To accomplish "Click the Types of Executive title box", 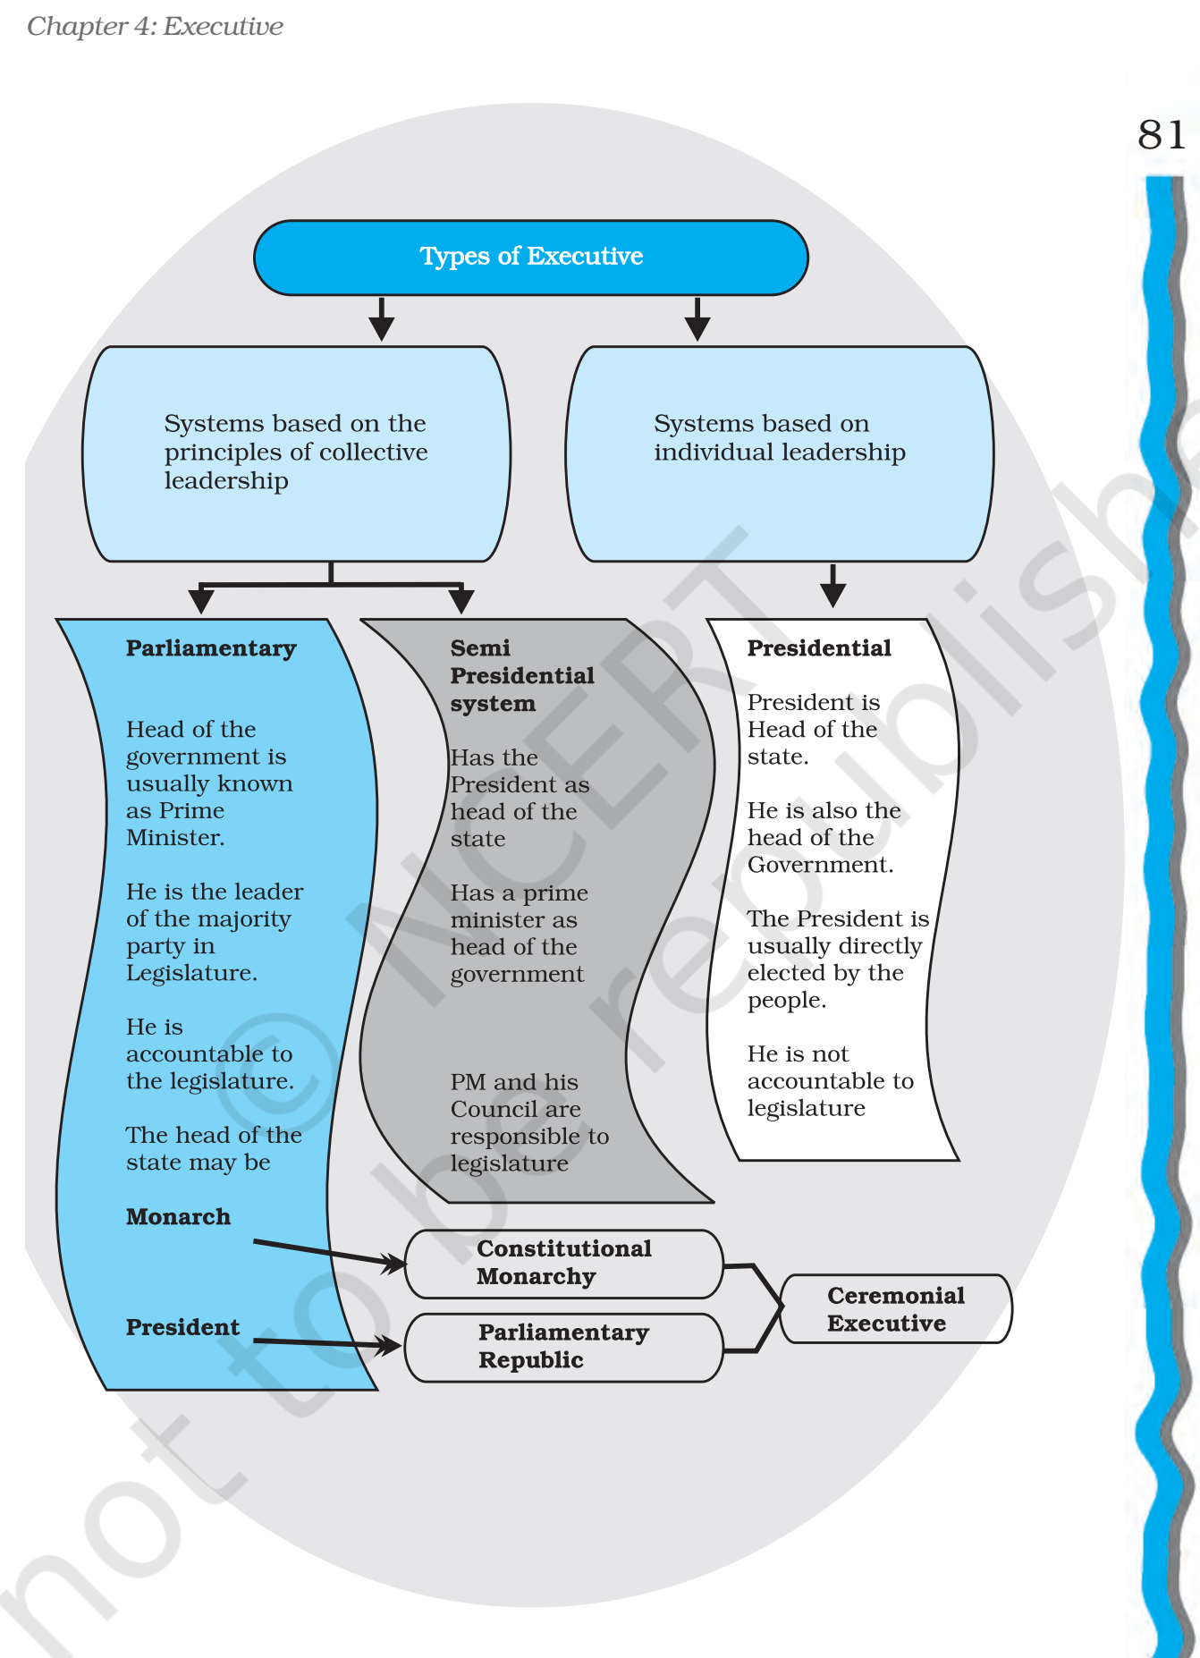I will click(531, 257).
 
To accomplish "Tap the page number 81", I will click(1161, 135).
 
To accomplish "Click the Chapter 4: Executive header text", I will click(155, 26).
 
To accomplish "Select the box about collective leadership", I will click(296, 453).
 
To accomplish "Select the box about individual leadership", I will click(779, 453).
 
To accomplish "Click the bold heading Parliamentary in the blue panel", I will click(211, 648).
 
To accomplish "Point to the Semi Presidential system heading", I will click(521, 675).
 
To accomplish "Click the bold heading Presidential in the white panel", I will click(819, 648).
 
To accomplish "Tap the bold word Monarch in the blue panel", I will click(178, 1217).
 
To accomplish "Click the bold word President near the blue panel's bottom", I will click(182, 1327).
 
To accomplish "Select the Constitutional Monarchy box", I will click(563, 1263).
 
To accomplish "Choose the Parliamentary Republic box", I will click(563, 1347).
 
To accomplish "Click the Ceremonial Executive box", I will click(895, 1309).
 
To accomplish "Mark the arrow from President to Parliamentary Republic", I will click(327, 1342).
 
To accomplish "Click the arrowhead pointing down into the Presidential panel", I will click(832, 594).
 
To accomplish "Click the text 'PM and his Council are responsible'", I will click(528, 1122).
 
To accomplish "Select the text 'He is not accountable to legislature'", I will click(829, 1081).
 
